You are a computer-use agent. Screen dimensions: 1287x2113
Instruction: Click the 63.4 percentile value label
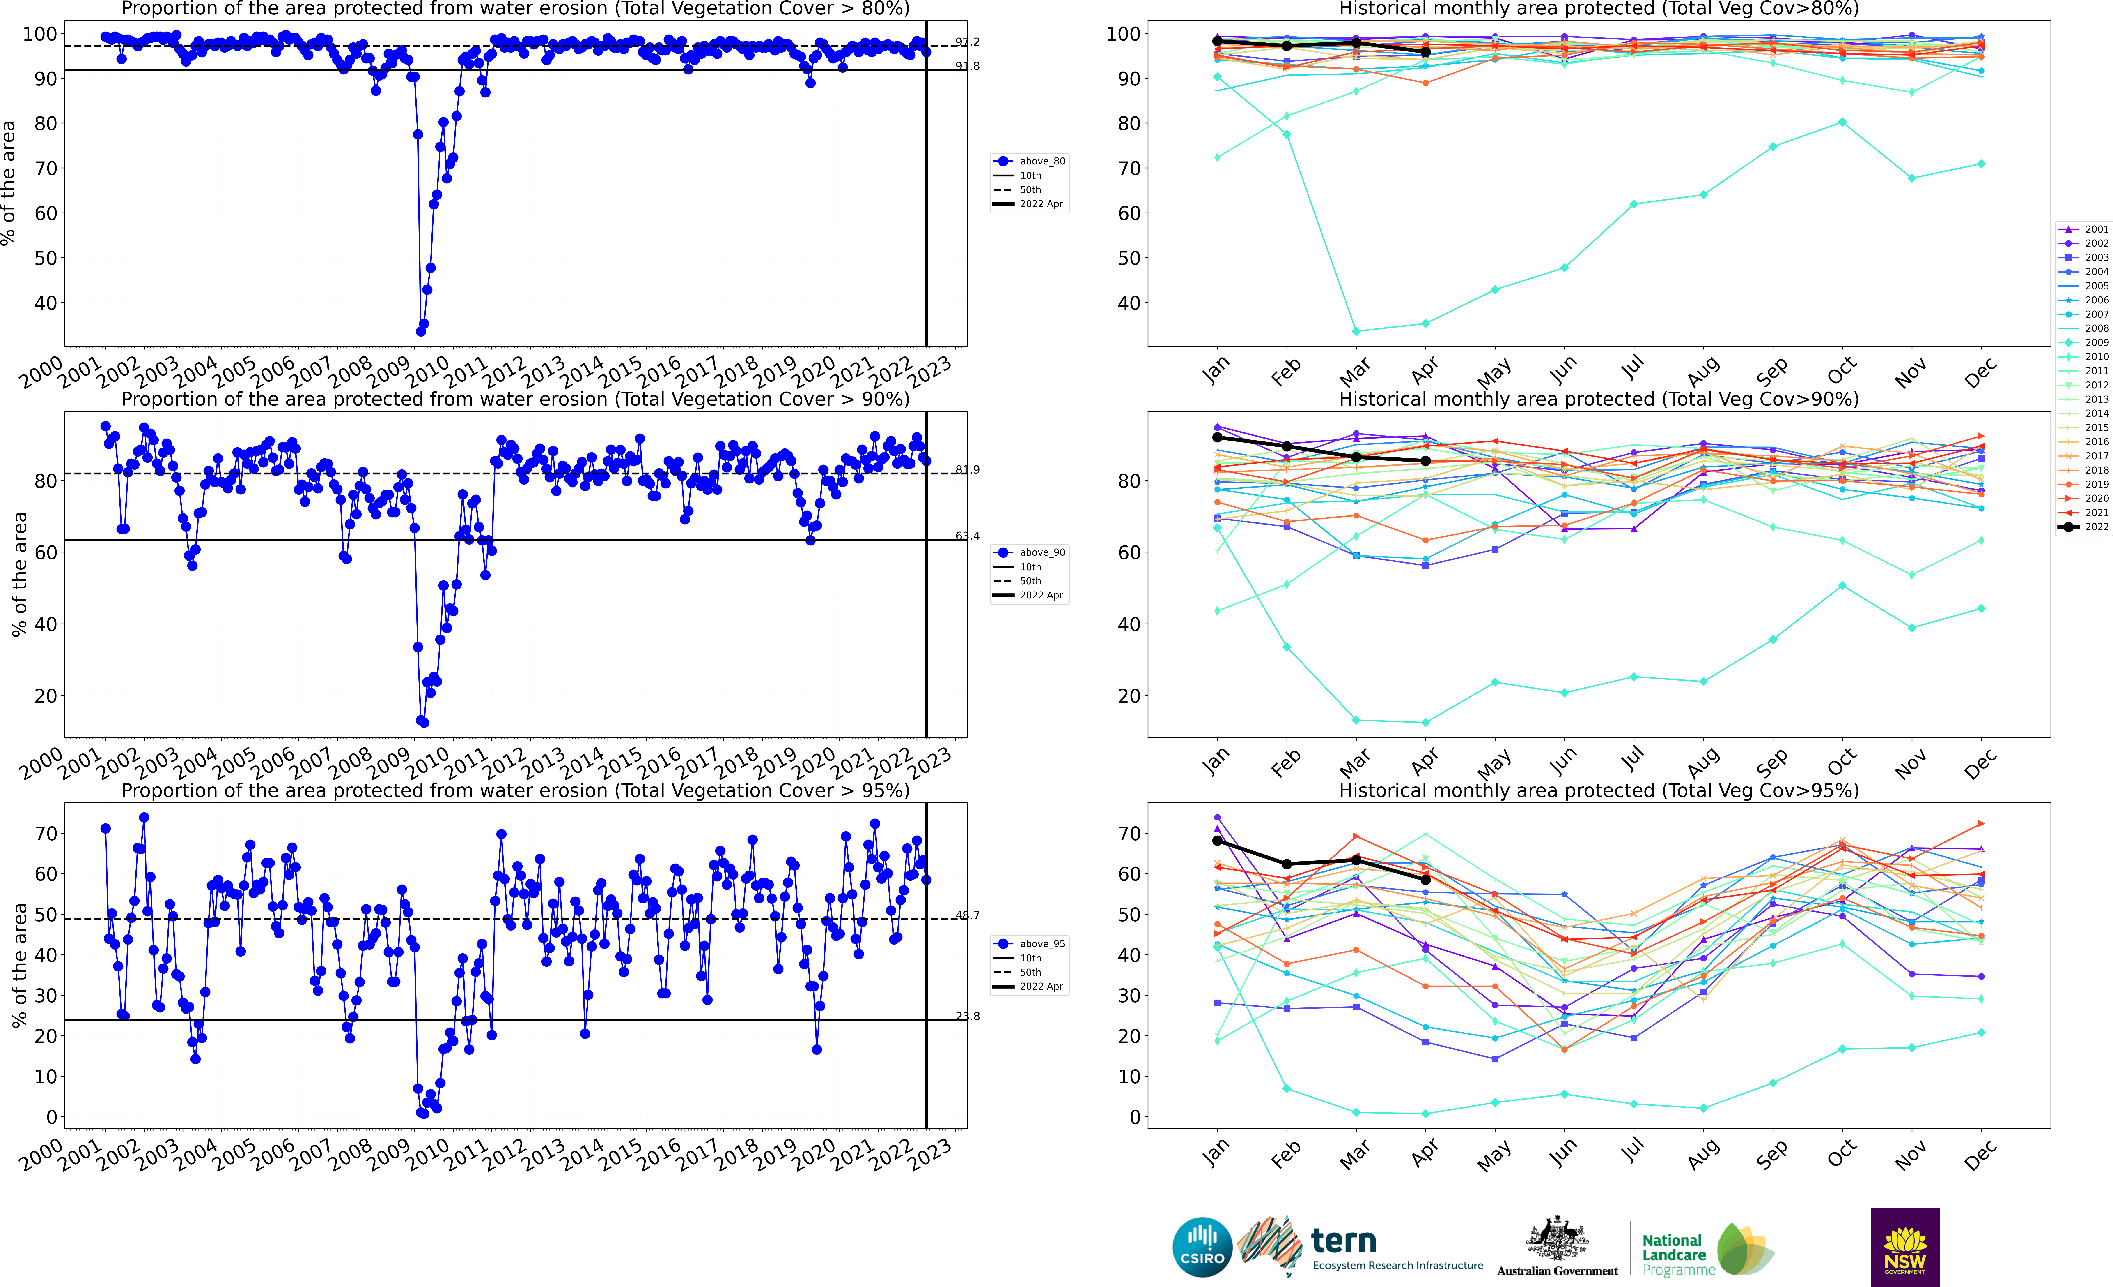(x=967, y=536)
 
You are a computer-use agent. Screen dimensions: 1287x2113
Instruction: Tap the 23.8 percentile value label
(x=967, y=1016)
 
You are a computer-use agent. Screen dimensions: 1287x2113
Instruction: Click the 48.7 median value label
(x=967, y=915)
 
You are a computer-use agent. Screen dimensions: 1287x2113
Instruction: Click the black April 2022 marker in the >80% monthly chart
(x=1425, y=52)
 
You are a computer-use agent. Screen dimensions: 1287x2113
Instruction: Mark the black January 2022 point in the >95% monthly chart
(x=1217, y=841)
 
